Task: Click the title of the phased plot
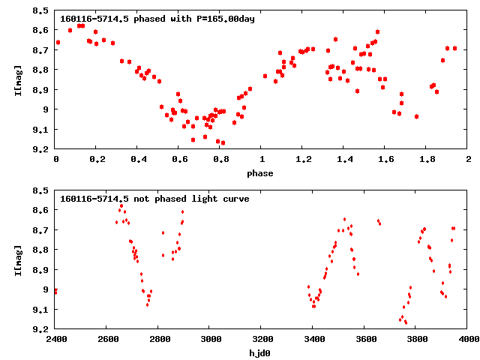click(157, 19)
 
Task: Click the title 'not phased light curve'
click(154, 199)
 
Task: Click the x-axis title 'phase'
click(262, 173)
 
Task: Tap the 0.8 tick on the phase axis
click(220, 160)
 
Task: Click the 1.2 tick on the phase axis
click(303, 160)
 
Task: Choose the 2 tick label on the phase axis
click(469, 160)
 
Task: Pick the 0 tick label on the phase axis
click(56, 160)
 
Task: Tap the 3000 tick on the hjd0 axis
click(211, 339)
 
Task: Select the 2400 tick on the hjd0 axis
click(56, 339)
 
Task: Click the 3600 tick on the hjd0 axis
click(365, 339)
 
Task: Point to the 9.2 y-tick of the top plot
click(42, 149)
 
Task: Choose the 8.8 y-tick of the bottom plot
click(42, 250)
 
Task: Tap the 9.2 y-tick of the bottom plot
click(42, 329)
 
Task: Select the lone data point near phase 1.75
click(416, 116)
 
